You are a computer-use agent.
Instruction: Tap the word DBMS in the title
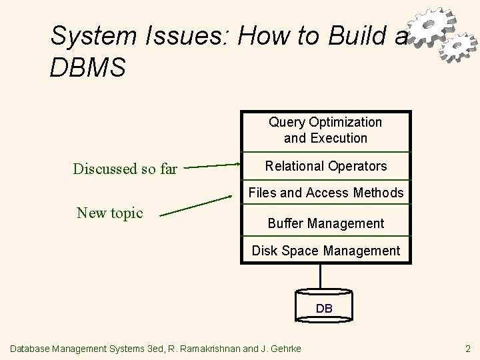click(87, 68)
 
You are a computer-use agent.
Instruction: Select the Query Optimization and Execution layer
click(325, 130)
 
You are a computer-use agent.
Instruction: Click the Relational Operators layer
click(325, 165)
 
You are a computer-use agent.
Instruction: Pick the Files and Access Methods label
click(325, 193)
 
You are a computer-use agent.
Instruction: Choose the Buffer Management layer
click(325, 223)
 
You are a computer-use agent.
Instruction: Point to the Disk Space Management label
click(325, 251)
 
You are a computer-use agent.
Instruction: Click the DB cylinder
click(323, 307)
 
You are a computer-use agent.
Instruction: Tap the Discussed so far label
click(125, 169)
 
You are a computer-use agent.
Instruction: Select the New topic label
click(110, 213)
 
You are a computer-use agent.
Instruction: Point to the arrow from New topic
click(198, 205)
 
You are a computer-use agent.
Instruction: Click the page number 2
click(467, 348)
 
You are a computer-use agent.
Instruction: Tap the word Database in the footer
click(33, 348)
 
